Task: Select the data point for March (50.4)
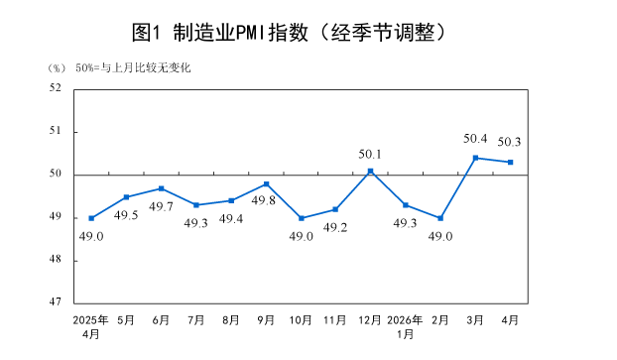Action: (x=475, y=158)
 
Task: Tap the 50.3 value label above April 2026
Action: (x=509, y=141)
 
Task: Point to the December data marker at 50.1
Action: (x=370, y=171)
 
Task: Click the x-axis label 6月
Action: (x=161, y=320)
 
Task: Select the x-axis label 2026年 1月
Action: (x=405, y=326)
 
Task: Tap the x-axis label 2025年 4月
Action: (x=91, y=326)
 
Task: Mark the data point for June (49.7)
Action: (x=161, y=188)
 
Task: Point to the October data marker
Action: (x=301, y=218)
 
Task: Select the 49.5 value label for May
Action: (x=126, y=215)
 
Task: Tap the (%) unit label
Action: (x=56, y=67)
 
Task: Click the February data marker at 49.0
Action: (x=440, y=218)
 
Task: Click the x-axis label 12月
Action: (x=370, y=320)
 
